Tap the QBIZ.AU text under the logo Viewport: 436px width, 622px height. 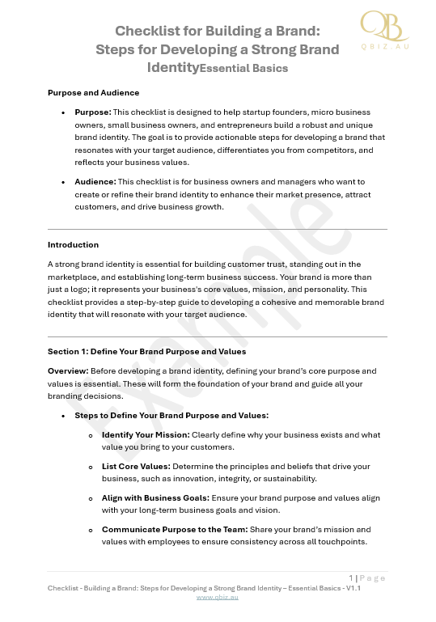383,47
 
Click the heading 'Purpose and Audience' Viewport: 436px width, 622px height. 93,93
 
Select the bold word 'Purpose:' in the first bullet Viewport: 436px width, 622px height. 93,112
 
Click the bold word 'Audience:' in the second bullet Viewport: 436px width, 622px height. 95,182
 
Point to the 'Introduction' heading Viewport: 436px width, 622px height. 73,244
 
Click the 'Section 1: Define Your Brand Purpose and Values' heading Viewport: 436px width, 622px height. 146,352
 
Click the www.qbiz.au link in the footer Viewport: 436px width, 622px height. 218,597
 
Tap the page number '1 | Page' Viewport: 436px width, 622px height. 368,578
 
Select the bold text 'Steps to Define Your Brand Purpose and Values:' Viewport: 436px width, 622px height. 171,415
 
